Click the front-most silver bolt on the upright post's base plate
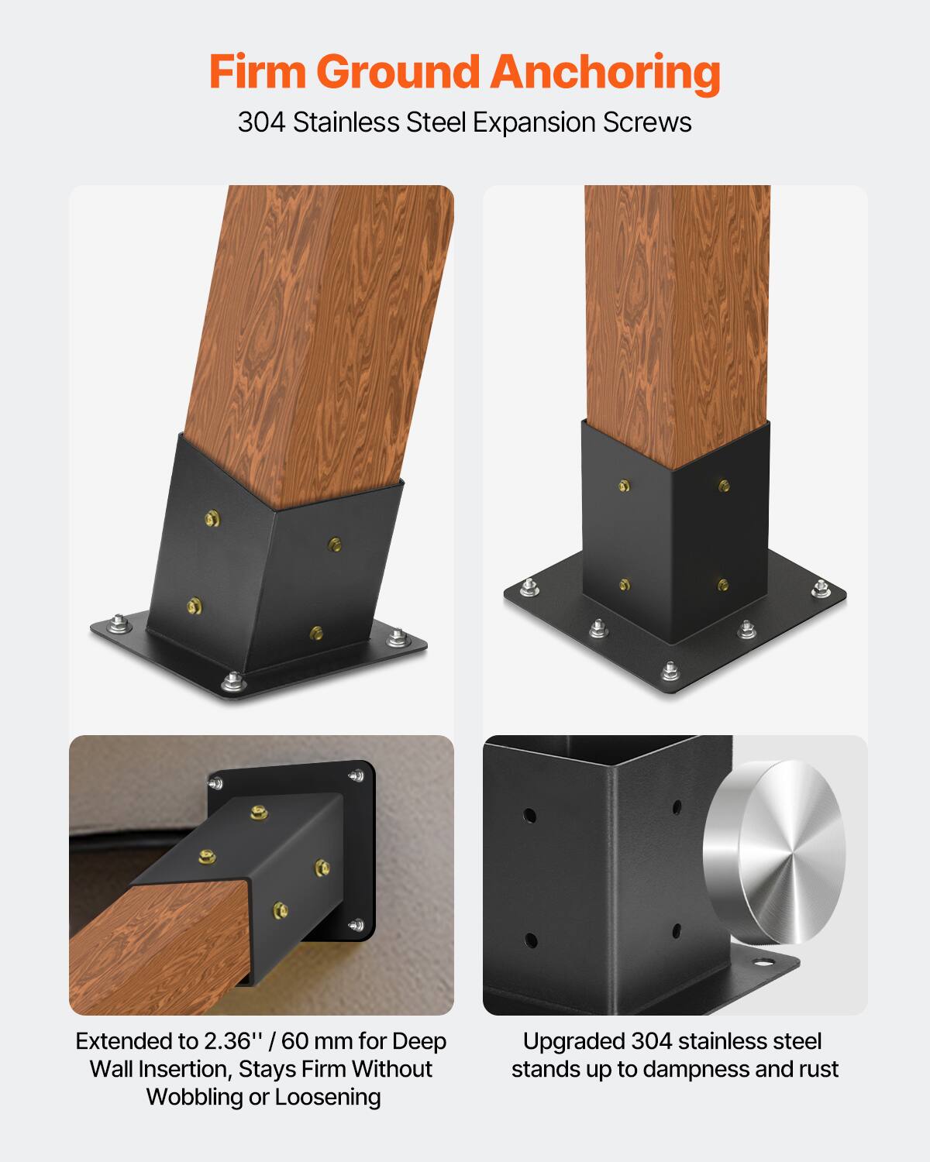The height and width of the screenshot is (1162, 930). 670,669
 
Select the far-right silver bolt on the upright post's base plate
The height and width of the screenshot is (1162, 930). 821,589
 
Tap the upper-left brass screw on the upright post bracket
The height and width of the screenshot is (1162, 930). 625,486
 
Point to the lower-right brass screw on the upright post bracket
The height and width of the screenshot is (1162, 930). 723,584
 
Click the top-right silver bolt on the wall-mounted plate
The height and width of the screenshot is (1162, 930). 357,775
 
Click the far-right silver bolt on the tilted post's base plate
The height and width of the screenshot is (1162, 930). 398,638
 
